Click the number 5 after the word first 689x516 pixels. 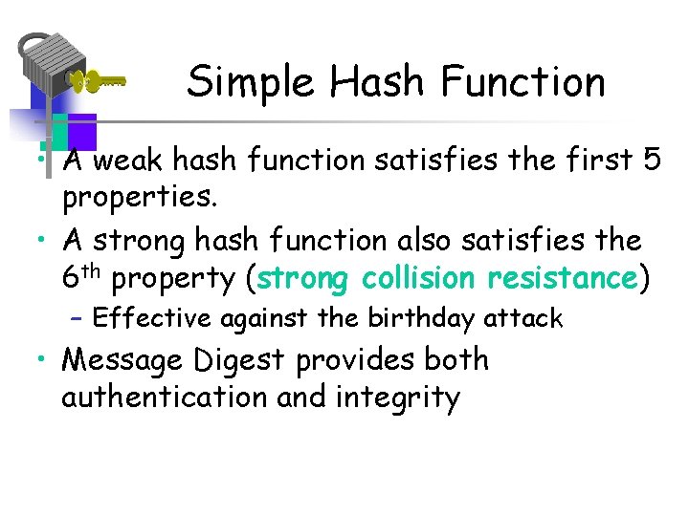[652, 162]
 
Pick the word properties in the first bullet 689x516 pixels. [139, 198]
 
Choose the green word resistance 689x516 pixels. [562, 278]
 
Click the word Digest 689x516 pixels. [241, 360]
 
